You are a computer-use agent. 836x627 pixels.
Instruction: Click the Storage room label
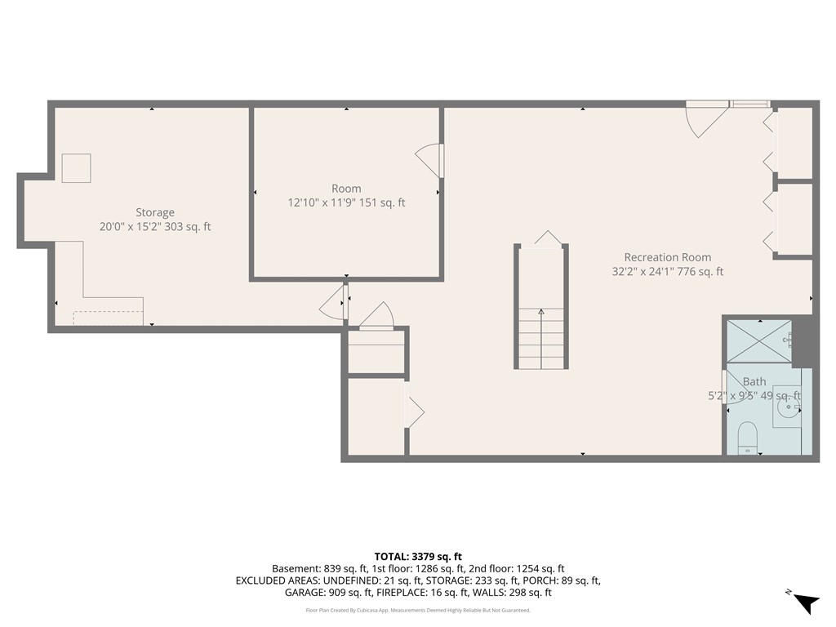pos(154,212)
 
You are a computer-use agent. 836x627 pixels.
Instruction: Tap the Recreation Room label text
pos(667,257)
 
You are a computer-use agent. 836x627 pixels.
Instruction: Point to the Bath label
pos(754,381)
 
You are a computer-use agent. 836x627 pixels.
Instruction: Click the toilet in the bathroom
pos(747,438)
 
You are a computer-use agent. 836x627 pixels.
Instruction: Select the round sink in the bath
pos(787,404)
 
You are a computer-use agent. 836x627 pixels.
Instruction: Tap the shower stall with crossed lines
pos(758,342)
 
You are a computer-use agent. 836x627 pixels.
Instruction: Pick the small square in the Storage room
pos(77,168)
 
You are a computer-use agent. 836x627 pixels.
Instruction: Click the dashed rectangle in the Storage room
pos(108,318)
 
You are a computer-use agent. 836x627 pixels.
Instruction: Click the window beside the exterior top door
pos(749,104)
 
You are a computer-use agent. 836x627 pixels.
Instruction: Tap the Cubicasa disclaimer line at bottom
pos(417,610)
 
